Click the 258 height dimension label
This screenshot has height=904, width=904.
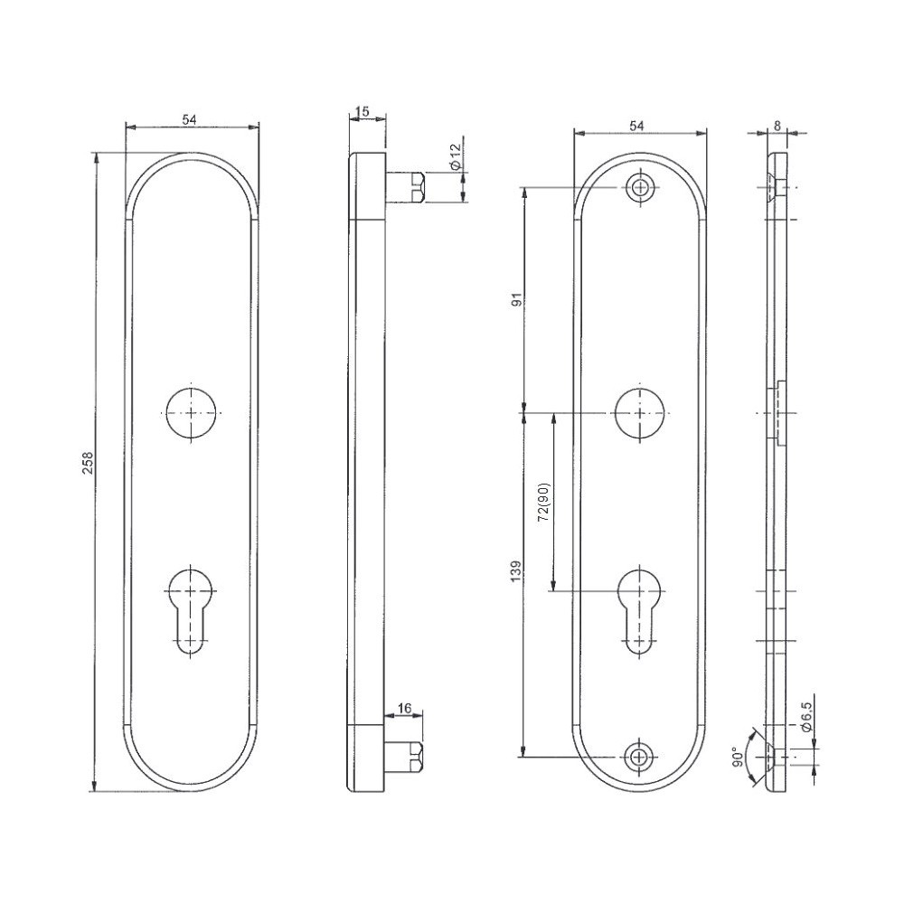(88, 462)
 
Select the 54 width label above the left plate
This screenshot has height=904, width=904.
(190, 119)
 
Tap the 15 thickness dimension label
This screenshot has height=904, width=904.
(363, 112)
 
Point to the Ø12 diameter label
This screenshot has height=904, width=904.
(455, 156)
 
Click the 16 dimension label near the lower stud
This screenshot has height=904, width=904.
(405, 708)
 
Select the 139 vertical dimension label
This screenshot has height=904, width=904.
(516, 570)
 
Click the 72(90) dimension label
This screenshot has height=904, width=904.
(543, 502)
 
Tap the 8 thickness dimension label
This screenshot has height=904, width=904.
(777, 125)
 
